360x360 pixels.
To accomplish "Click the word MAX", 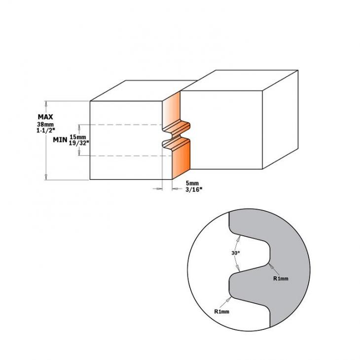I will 45,117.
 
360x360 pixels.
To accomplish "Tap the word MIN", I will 60,140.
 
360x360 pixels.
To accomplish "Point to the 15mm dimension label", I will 78,137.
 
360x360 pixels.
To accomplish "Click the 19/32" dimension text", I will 79,142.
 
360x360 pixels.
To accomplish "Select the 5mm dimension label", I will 190,183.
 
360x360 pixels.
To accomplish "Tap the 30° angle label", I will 236,253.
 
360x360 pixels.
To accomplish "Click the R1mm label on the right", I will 281,279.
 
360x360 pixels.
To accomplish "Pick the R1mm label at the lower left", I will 223,312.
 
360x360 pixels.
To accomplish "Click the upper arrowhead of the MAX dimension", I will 46,103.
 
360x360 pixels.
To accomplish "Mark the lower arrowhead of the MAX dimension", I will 46,178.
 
